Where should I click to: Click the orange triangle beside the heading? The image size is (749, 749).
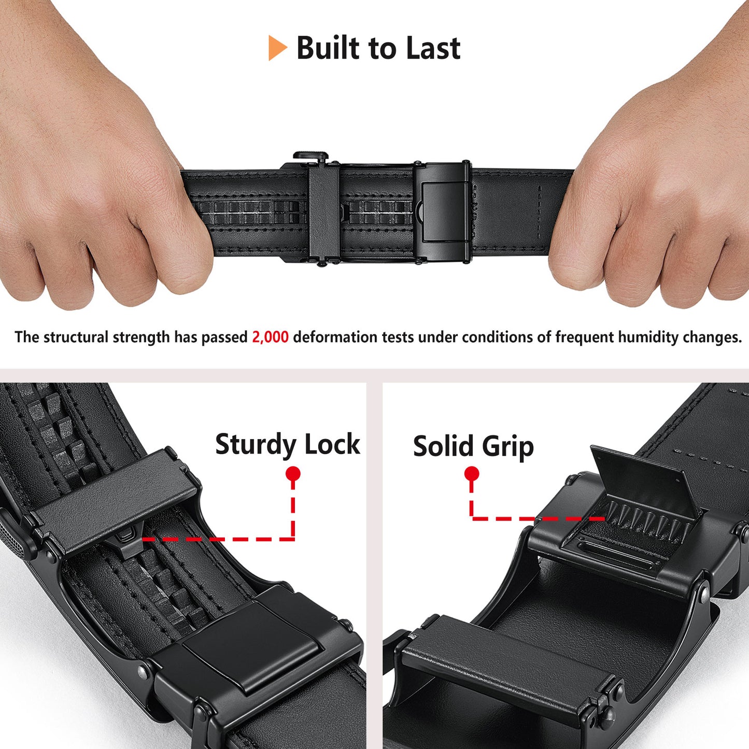click(277, 48)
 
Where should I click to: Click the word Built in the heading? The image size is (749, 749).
click(328, 48)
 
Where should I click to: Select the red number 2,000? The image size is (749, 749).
click(270, 337)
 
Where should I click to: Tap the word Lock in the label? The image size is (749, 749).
click(332, 444)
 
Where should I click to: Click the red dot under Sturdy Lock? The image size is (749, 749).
click(293, 474)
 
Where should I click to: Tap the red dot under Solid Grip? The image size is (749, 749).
click(472, 474)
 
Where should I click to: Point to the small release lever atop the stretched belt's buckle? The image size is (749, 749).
click(310, 156)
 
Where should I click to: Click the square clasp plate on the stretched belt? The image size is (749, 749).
click(443, 212)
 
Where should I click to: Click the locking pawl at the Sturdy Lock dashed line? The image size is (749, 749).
click(126, 537)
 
